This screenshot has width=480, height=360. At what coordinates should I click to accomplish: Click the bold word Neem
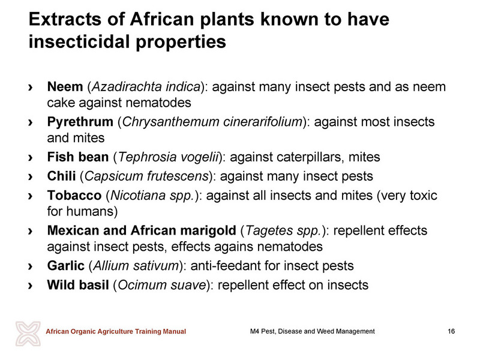tap(65, 86)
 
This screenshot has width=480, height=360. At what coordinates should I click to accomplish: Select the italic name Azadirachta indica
tap(146, 86)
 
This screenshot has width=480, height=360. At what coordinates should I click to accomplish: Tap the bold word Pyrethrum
tap(80, 122)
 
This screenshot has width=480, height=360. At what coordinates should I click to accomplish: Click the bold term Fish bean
tap(78, 157)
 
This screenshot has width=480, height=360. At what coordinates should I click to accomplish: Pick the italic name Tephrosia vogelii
tap(169, 157)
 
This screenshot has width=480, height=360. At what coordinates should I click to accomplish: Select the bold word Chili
tap(61, 176)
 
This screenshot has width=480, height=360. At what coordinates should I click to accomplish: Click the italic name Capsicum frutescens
tap(146, 176)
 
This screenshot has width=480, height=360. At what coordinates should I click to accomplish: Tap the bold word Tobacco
tap(74, 196)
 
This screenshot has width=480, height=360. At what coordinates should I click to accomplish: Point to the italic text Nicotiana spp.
tap(152, 196)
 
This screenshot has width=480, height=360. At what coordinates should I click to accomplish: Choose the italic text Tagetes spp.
tap(283, 230)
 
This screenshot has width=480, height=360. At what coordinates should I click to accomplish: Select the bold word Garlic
tap(65, 266)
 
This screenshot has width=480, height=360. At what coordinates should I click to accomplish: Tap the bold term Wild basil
tap(78, 285)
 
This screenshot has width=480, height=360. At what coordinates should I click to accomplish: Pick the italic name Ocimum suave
tap(162, 285)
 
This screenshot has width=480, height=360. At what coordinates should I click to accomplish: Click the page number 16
tap(451, 331)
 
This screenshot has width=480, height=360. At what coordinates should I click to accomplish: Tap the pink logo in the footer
tap(28, 334)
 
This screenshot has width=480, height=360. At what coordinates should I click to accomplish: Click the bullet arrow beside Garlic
tap(30, 266)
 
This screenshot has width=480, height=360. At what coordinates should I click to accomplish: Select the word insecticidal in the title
tap(80, 41)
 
